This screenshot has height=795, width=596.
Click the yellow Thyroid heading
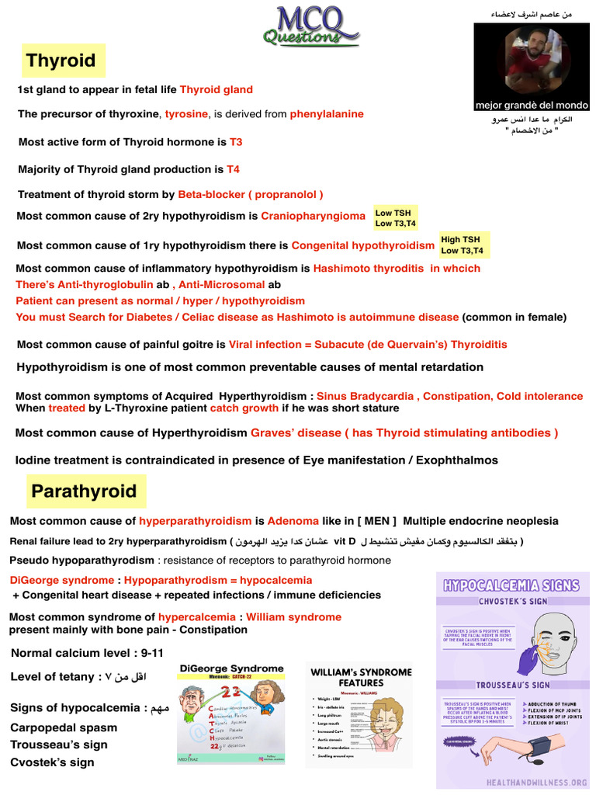[x=61, y=61]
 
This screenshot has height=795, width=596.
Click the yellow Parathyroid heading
[x=84, y=491]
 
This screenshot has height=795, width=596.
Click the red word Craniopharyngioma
[x=313, y=216]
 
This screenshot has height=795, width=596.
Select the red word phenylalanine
[x=327, y=114]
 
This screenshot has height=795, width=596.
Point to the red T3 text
[x=236, y=142]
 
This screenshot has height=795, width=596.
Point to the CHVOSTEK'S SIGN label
[x=512, y=600]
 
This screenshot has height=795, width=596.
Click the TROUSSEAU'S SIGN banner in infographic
[x=512, y=685]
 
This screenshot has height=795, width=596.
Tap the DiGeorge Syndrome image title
[x=231, y=668]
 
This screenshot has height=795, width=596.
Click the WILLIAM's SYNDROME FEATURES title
[x=361, y=677]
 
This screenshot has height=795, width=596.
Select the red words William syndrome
[x=293, y=617]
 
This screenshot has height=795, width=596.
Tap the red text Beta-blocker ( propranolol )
[x=251, y=194]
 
